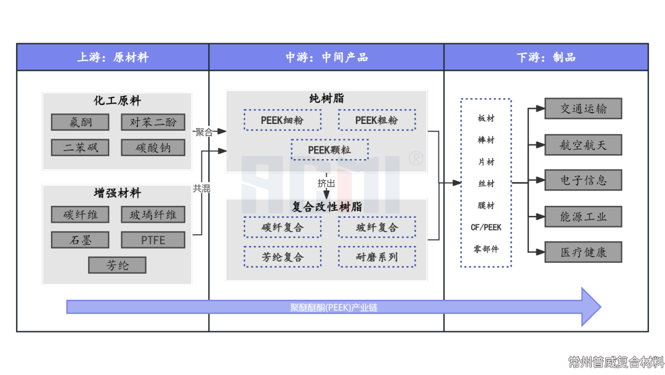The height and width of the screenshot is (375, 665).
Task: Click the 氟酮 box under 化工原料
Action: click(x=81, y=122)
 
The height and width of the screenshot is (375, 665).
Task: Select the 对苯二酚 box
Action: click(x=153, y=122)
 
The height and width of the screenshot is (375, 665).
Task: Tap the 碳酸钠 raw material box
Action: click(x=153, y=147)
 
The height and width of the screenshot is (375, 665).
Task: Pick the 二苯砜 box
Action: click(x=81, y=147)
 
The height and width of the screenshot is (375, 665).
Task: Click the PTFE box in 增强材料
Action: click(x=153, y=240)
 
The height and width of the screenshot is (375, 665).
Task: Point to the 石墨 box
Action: click(x=81, y=240)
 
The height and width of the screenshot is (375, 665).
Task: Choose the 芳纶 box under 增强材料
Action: click(x=117, y=265)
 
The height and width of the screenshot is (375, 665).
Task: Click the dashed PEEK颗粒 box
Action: click(x=330, y=150)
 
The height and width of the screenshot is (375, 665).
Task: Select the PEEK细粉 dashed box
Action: click(x=282, y=120)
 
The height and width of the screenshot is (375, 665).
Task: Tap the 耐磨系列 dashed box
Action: click(x=377, y=257)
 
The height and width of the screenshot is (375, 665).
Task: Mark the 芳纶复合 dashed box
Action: click(x=282, y=257)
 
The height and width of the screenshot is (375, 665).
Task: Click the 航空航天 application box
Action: click(x=583, y=145)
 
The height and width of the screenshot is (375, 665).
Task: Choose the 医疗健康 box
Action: click(x=583, y=252)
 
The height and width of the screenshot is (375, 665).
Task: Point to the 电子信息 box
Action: click(x=583, y=181)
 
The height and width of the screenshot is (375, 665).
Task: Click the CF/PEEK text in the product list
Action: click(x=486, y=227)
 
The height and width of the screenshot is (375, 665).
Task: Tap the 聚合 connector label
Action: click(x=204, y=131)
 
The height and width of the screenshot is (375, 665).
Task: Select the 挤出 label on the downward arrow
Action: click(x=326, y=183)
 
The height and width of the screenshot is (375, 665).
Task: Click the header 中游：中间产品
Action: click(x=326, y=57)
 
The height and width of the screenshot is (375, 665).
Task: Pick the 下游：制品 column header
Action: click(x=546, y=57)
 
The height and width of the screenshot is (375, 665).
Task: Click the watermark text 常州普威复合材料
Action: click(x=616, y=361)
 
